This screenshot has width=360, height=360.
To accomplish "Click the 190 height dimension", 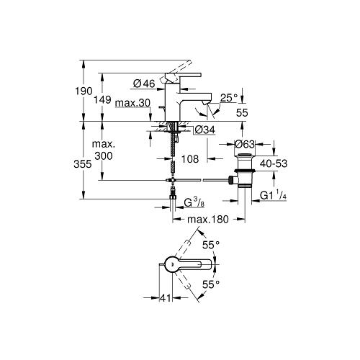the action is tap(84, 91).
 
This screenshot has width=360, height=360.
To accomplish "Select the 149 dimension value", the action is tap(102, 99).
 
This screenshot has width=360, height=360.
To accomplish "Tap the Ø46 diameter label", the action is tap(144, 84).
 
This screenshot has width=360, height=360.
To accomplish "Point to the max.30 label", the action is tap(132, 103).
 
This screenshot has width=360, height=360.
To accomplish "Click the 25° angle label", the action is tap(229, 98).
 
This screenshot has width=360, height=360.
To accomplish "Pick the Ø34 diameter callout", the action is tap(204, 130).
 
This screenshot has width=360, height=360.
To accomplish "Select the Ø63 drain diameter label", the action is tap(245, 144).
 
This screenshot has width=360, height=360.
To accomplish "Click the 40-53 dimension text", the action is tap(274, 163).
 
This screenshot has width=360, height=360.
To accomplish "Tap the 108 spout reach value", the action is tap(190, 159).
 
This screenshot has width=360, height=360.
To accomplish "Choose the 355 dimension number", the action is tap(83, 164).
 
